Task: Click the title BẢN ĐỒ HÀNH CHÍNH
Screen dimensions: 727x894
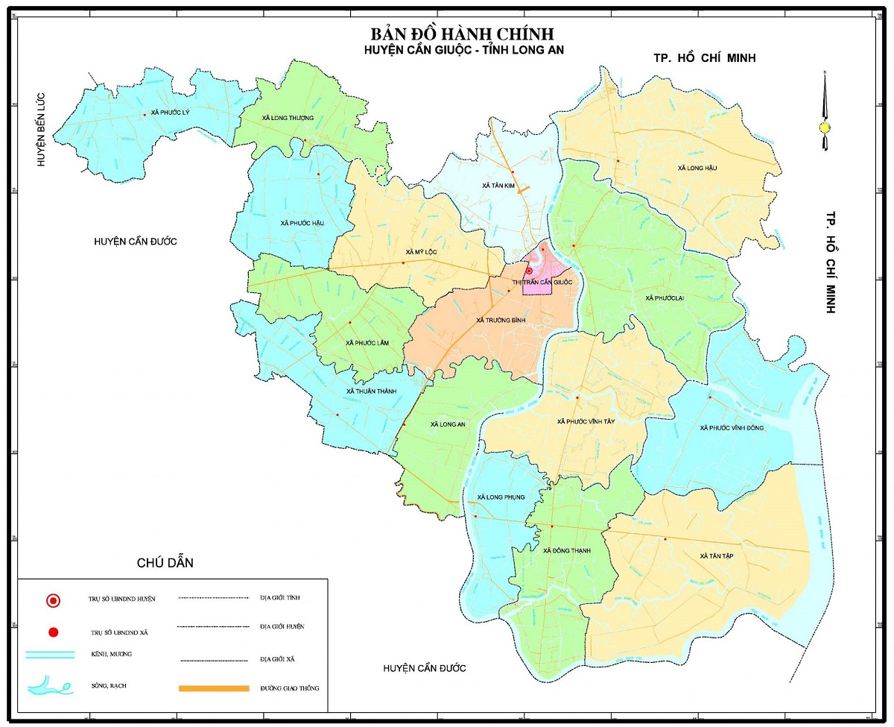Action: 462,35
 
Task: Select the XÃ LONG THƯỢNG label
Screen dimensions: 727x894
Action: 288,118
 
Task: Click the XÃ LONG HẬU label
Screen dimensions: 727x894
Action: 697,169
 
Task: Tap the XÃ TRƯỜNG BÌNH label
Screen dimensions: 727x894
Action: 501,320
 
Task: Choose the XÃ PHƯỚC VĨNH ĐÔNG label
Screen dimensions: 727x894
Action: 732,428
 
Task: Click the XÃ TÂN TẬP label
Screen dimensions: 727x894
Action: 717,556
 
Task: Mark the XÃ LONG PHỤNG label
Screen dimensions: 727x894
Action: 501,497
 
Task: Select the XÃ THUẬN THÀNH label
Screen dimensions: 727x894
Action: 372,391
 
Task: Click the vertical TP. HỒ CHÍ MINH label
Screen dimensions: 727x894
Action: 829,261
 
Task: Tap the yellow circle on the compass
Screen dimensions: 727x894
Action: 825,128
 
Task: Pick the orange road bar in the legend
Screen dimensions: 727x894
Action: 213,688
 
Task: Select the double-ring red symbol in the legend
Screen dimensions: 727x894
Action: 53,599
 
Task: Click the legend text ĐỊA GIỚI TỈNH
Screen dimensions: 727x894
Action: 280,598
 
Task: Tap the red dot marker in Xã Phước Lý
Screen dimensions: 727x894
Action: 145,115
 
